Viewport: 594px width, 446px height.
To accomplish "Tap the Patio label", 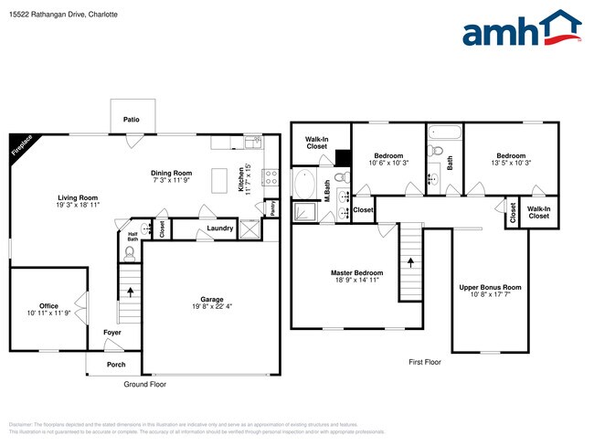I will (132, 120).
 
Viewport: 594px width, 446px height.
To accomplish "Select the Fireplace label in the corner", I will (20, 148).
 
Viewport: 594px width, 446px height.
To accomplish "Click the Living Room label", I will (78, 197).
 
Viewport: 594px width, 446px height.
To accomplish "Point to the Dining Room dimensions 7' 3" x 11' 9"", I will (171, 180).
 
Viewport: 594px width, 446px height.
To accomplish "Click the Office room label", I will (48, 306).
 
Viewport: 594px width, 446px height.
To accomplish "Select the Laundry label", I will (219, 228).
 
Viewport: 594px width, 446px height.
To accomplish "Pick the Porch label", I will (116, 364).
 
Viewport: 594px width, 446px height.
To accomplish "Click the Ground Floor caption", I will (144, 384).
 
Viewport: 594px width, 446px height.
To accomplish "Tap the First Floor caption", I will (424, 362).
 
